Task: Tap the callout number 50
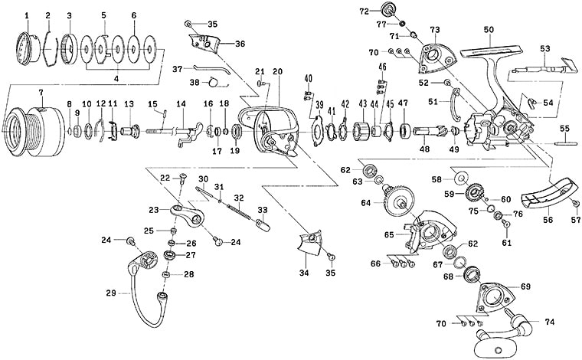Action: [488, 29]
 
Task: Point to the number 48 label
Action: [424, 152]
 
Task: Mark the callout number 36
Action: [240, 44]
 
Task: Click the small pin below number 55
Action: [564, 142]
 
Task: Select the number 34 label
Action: [305, 272]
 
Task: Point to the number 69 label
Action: [525, 286]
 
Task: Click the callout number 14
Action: [181, 103]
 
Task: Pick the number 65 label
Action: [389, 234]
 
